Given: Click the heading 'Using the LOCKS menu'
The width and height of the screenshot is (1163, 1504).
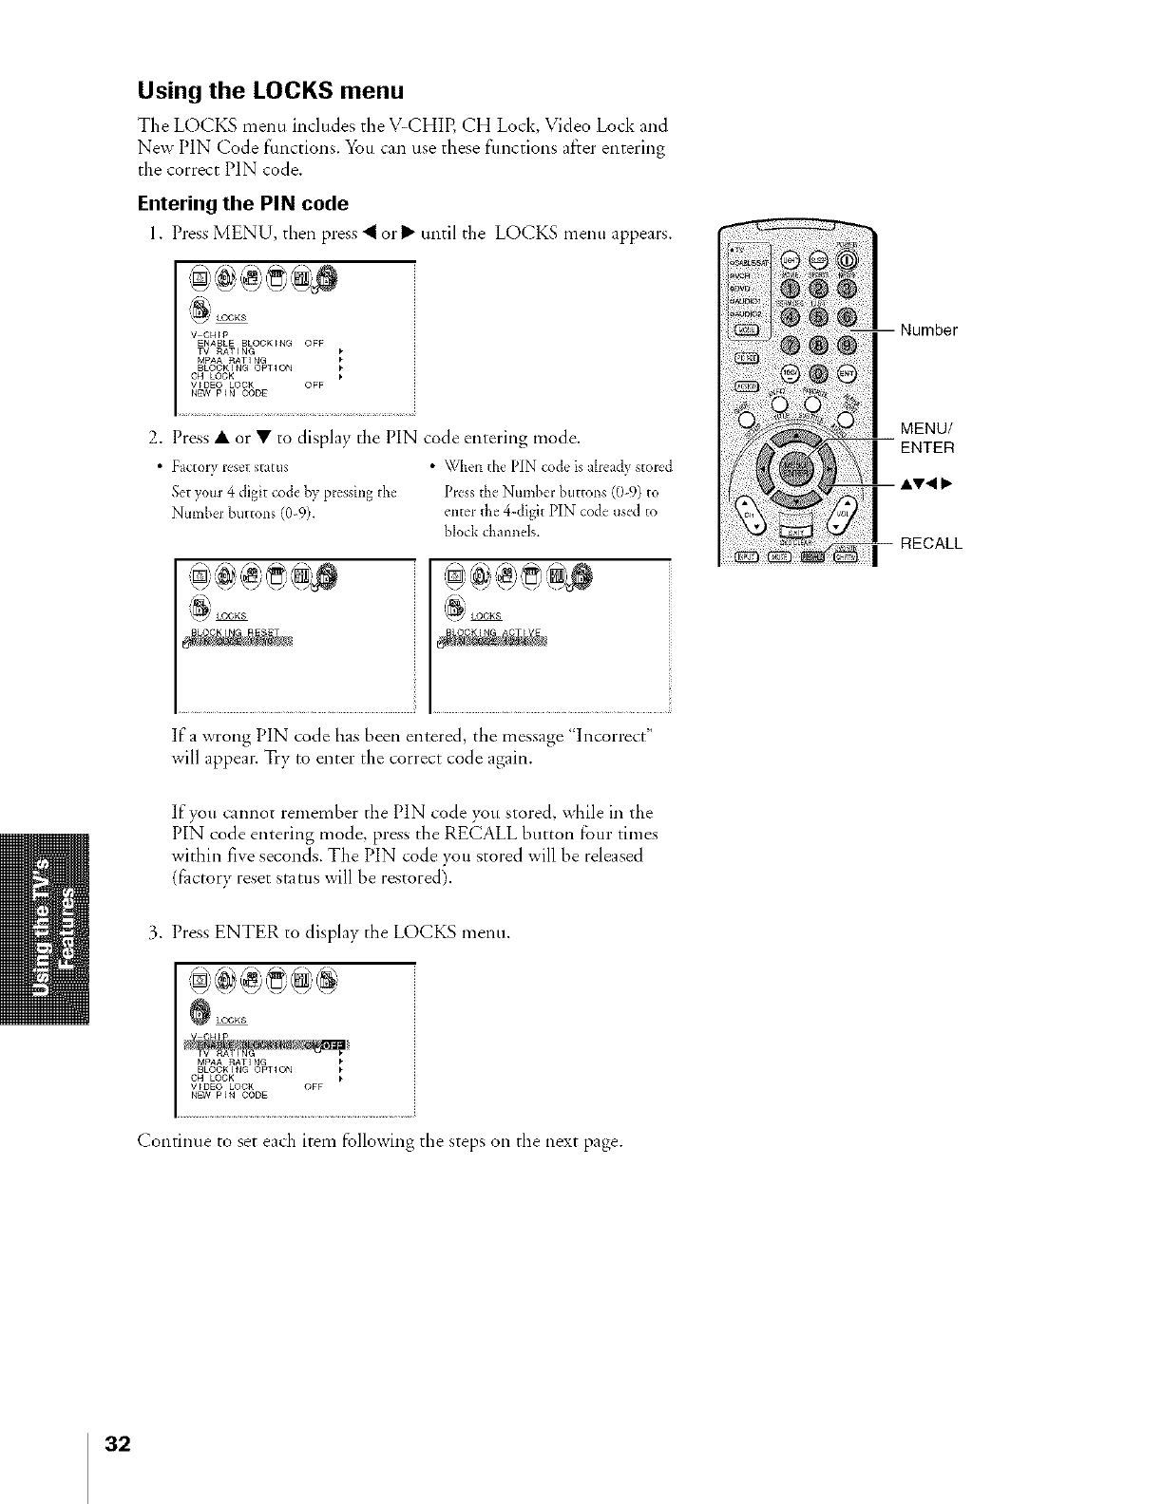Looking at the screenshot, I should (x=272, y=91).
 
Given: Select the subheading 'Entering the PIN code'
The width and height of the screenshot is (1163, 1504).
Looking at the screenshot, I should (x=243, y=204).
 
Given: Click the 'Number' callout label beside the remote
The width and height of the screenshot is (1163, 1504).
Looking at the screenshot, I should (x=929, y=330).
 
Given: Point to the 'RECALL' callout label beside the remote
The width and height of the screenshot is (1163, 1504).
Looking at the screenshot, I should (x=931, y=544).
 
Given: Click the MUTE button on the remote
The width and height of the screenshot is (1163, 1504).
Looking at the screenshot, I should (x=777, y=557).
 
